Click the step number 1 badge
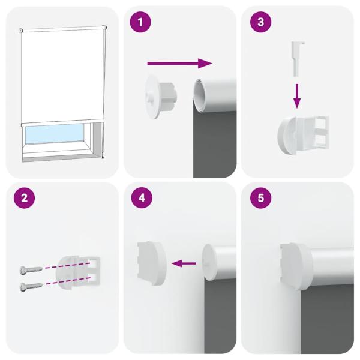click(x=140, y=23)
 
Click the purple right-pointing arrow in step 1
click(x=180, y=62)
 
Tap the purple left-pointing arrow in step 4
click(x=184, y=263)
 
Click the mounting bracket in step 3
click(x=304, y=133)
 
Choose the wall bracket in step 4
click(x=151, y=262)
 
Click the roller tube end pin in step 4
click(x=207, y=262)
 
